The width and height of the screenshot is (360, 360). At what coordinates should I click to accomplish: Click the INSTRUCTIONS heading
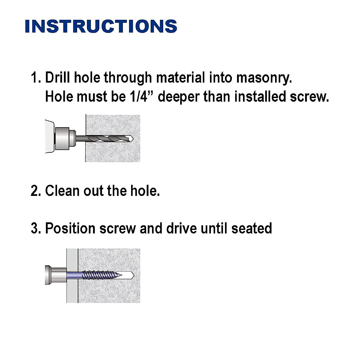coord(101,26)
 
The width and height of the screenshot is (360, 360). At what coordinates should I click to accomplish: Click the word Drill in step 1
coord(58,78)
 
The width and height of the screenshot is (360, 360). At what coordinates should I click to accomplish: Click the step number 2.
coord(35,191)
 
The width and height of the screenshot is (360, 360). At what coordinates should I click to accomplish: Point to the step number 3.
coord(35,228)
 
